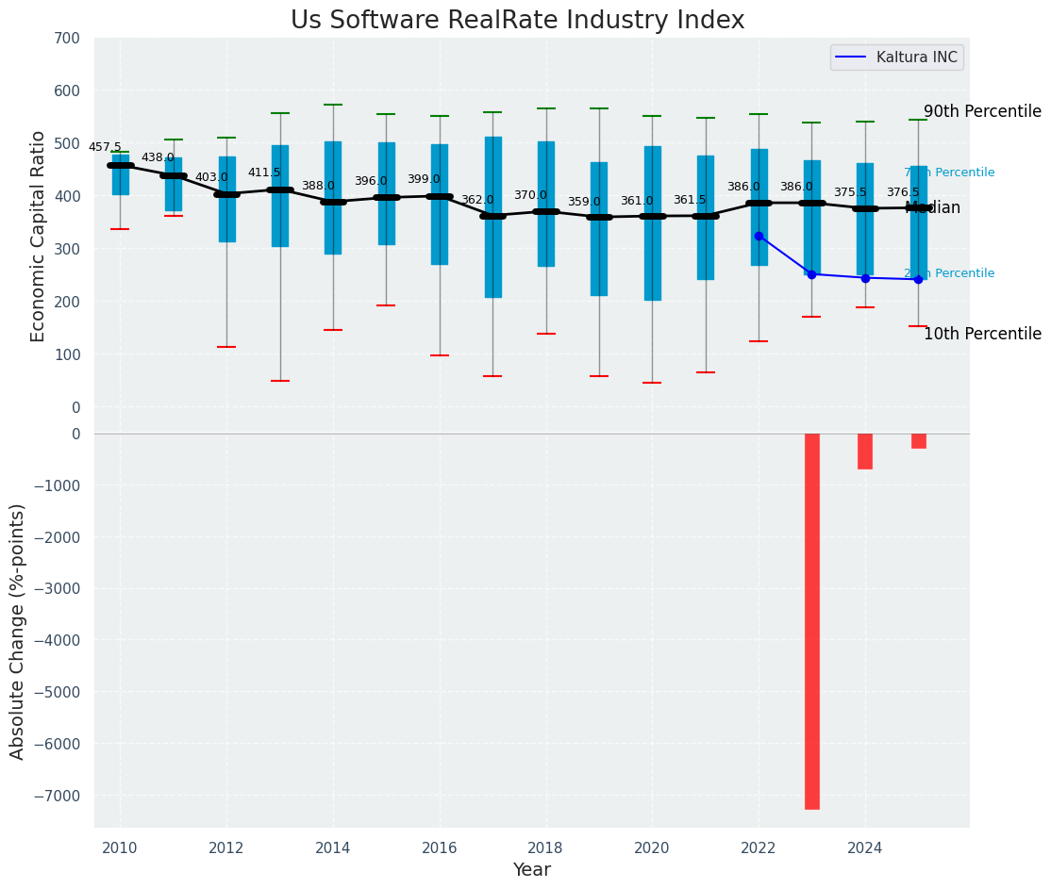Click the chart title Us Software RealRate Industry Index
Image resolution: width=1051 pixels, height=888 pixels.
(517, 21)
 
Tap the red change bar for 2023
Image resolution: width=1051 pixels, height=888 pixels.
(811, 620)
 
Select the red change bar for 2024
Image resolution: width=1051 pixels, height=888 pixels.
(865, 452)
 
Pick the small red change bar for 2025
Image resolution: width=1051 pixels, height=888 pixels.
(918, 441)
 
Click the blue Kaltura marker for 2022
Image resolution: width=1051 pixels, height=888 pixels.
(759, 236)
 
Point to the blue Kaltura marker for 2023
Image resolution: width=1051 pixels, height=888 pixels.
(811, 274)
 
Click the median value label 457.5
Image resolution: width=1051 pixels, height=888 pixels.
(105, 148)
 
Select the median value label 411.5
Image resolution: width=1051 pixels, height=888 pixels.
(264, 173)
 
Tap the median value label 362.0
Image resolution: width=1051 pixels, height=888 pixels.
(477, 200)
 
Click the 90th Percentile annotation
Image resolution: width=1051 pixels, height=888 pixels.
(982, 111)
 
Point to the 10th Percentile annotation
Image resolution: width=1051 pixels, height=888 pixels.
(982, 335)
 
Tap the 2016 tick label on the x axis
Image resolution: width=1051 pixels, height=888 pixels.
(440, 848)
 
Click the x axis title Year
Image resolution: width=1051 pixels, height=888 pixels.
(532, 870)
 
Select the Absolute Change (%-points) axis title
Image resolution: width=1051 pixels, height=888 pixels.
(18, 631)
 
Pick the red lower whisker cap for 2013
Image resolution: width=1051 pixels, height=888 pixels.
(280, 381)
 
